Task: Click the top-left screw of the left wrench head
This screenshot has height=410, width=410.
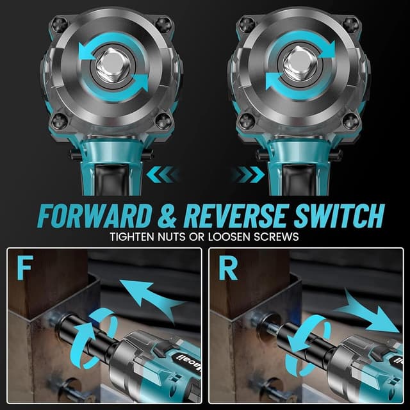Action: pyautogui.click(x=58, y=24)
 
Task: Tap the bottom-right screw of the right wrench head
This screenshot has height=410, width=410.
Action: pyautogui.click(x=350, y=120)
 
